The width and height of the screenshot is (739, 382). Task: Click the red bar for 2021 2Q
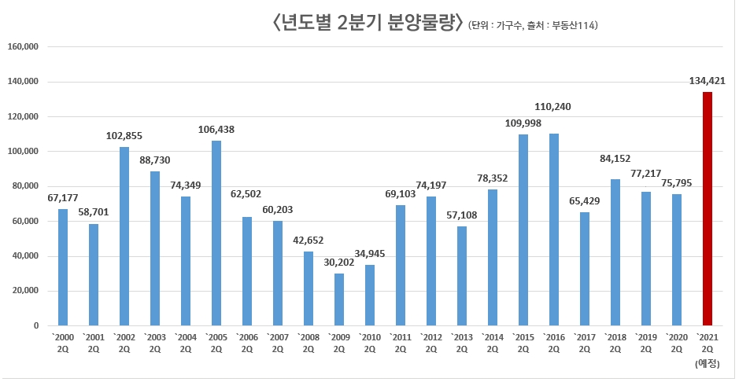click(x=707, y=208)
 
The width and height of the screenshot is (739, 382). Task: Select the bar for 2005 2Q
click(x=216, y=233)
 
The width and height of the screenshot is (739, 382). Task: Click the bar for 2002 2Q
click(x=124, y=236)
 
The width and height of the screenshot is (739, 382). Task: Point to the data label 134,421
click(x=706, y=80)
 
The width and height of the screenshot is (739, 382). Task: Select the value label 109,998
click(x=523, y=123)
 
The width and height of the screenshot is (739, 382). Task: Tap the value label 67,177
click(x=62, y=198)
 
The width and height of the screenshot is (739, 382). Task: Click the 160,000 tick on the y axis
click(x=23, y=47)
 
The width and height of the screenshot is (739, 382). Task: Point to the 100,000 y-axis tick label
click(x=23, y=152)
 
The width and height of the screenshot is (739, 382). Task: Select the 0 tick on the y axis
click(x=35, y=325)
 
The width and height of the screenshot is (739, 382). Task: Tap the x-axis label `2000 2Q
click(x=62, y=343)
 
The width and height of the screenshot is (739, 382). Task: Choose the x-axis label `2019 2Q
click(x=645, y=343)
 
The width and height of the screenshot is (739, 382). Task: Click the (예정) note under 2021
click(x=707, y=363)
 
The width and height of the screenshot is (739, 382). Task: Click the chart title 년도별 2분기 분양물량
click(x=366, y=23)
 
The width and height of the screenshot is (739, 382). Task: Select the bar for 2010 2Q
click(x=369, y=296)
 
